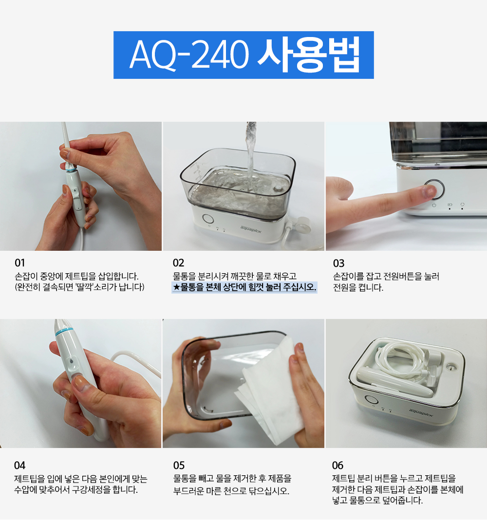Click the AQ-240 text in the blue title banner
[x=189, y=55]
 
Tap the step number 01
[x=19, y=263]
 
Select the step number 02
[x=178, y=263]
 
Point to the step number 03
[x=338, y=263]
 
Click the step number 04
[x=19, y=466]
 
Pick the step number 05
[x=179, y=466]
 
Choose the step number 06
[x=337, y=466]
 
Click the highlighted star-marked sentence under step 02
[x=244, y=287]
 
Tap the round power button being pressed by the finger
[x=434, y=189]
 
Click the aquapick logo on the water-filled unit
[x=251, y=229]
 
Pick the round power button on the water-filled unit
[x=208, y=219]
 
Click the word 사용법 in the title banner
[x=309, y=55]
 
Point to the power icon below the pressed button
[x=434, y=205]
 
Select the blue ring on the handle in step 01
[x=71, y=170]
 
